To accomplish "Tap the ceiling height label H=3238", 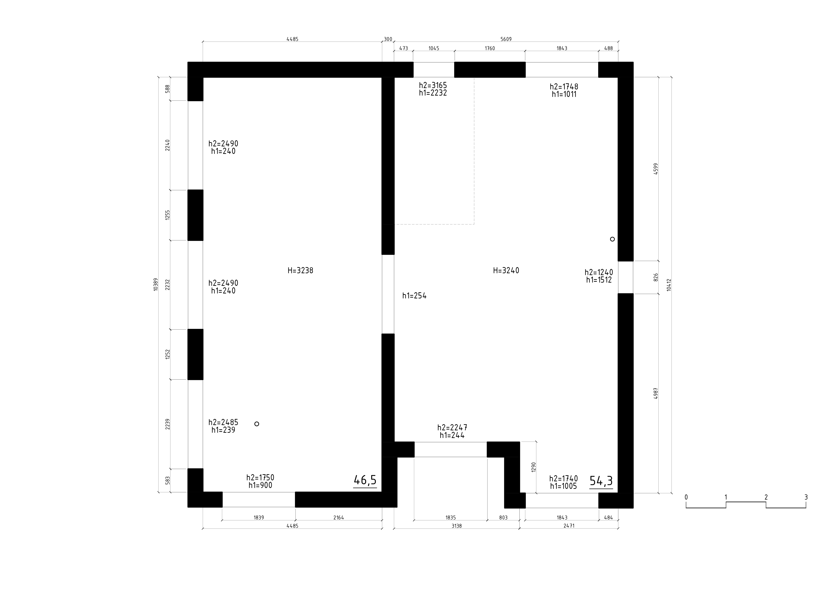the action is [x=300, y=271].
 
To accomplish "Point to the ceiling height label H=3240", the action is [x=506, y=271].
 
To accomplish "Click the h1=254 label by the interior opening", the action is [x=414, y=296].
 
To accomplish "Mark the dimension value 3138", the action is [x=457, y=526].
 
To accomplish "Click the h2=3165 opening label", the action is [x=433, y=85].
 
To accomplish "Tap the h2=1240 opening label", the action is [x=599, y=272].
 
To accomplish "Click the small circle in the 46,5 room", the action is [x=257, y=424].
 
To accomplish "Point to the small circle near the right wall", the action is [x=612, y=239].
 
